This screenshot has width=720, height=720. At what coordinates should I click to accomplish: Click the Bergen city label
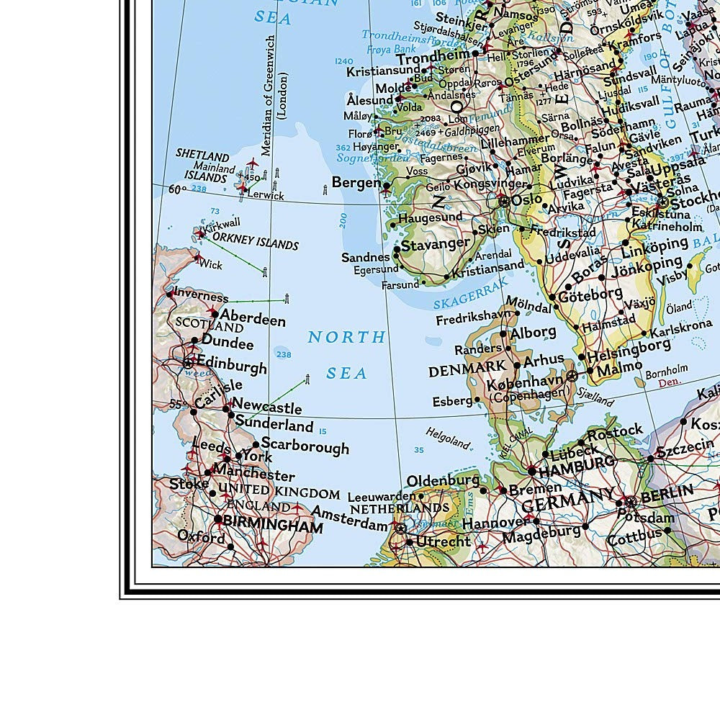(356, 182)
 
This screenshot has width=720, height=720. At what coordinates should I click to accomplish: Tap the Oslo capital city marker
(504, 202)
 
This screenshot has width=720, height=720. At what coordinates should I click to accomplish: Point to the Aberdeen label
(253, 318)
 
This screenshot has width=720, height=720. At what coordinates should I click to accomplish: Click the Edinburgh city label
(231, 366)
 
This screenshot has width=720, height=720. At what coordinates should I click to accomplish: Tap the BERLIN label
(667, 495)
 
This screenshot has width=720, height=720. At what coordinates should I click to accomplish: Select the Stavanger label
(436, 245)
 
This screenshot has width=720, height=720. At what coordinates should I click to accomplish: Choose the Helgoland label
(447, 436)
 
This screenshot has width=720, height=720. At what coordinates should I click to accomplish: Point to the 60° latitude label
(177, 189)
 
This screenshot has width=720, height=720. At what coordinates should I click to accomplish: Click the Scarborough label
(305, 446)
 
